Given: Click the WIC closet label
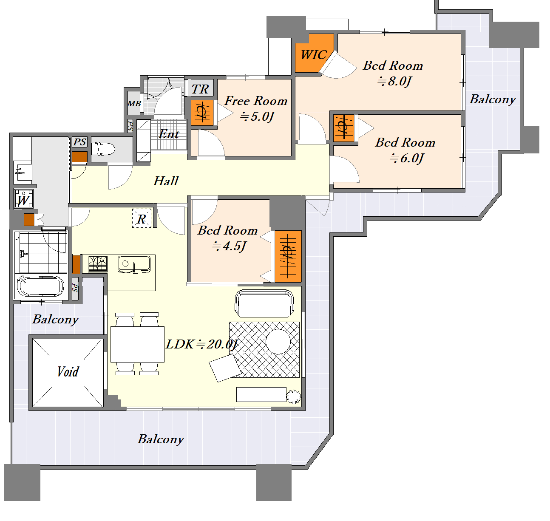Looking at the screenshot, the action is [313, 54].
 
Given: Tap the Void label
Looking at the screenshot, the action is [68, 371].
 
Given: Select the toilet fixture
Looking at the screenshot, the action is [103, 149].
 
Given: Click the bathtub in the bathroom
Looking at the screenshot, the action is [40, 286].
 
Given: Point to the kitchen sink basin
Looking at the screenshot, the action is [134, 264].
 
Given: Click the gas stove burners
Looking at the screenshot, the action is [98, 264].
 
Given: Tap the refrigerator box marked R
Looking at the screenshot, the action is [142, 218].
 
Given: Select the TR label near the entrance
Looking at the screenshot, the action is [200, 89].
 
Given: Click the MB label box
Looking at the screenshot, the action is [134, 103].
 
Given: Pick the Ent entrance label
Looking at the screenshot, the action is [169, 134].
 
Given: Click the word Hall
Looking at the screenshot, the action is [166, 181].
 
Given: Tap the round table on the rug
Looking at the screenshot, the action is [278, 341].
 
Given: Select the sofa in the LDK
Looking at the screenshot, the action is [264, 303].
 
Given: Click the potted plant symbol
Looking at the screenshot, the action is [294, 396].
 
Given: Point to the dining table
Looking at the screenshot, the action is [137, 344].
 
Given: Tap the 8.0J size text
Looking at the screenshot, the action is [394, 81].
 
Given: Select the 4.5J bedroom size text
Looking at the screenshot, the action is [229, 246].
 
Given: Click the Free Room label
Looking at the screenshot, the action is [256, 101].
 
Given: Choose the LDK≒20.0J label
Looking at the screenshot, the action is [201, 344].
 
